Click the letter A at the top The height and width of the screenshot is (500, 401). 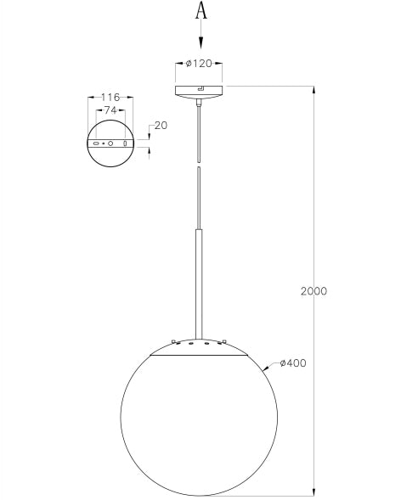click(x=201, y=11)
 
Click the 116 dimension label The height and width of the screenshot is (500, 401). click(x=110, y=98)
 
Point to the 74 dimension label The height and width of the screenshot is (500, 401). click(x=110, y=111)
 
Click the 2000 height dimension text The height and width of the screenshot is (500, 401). click(x=313, y=291)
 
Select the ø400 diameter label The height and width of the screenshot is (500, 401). click(x=293, y=363)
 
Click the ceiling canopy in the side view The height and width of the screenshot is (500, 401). click(x=199, y=91)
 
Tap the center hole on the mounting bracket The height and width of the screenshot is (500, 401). click(x=110, y=144)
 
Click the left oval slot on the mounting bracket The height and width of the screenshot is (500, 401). click(x=96, y=144)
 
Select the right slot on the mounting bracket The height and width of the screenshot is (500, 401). click(x=125, y=144)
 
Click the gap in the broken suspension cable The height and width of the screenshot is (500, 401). click(x=200, y=163)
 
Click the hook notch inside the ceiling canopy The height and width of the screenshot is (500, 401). click(x=200, y=88)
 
